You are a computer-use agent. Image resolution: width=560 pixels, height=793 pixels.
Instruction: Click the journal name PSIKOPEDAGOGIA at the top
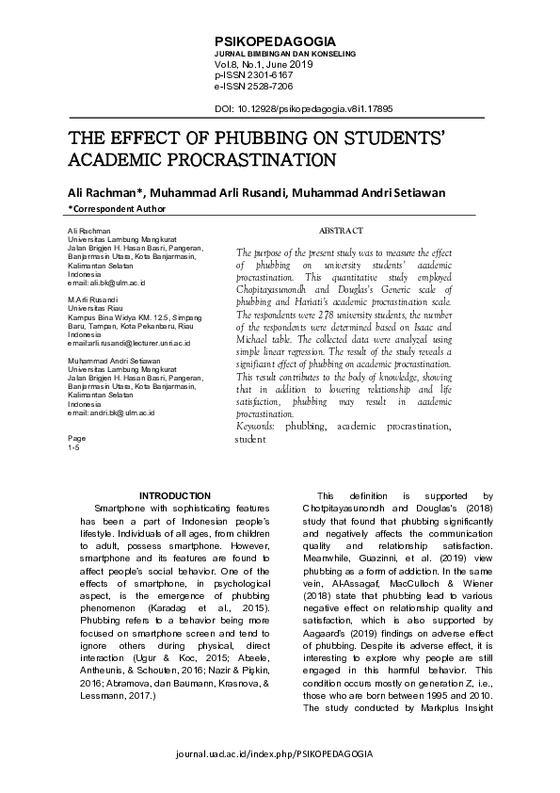268,43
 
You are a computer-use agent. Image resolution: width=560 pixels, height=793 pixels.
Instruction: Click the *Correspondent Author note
117,209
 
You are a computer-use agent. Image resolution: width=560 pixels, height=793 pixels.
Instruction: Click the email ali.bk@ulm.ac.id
104,282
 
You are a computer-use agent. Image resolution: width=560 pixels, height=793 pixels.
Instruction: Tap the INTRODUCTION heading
175,496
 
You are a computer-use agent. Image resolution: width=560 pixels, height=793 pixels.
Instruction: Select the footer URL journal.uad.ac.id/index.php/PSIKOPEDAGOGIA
280,754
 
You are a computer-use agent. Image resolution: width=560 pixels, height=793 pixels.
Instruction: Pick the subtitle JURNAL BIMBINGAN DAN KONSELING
286,55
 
